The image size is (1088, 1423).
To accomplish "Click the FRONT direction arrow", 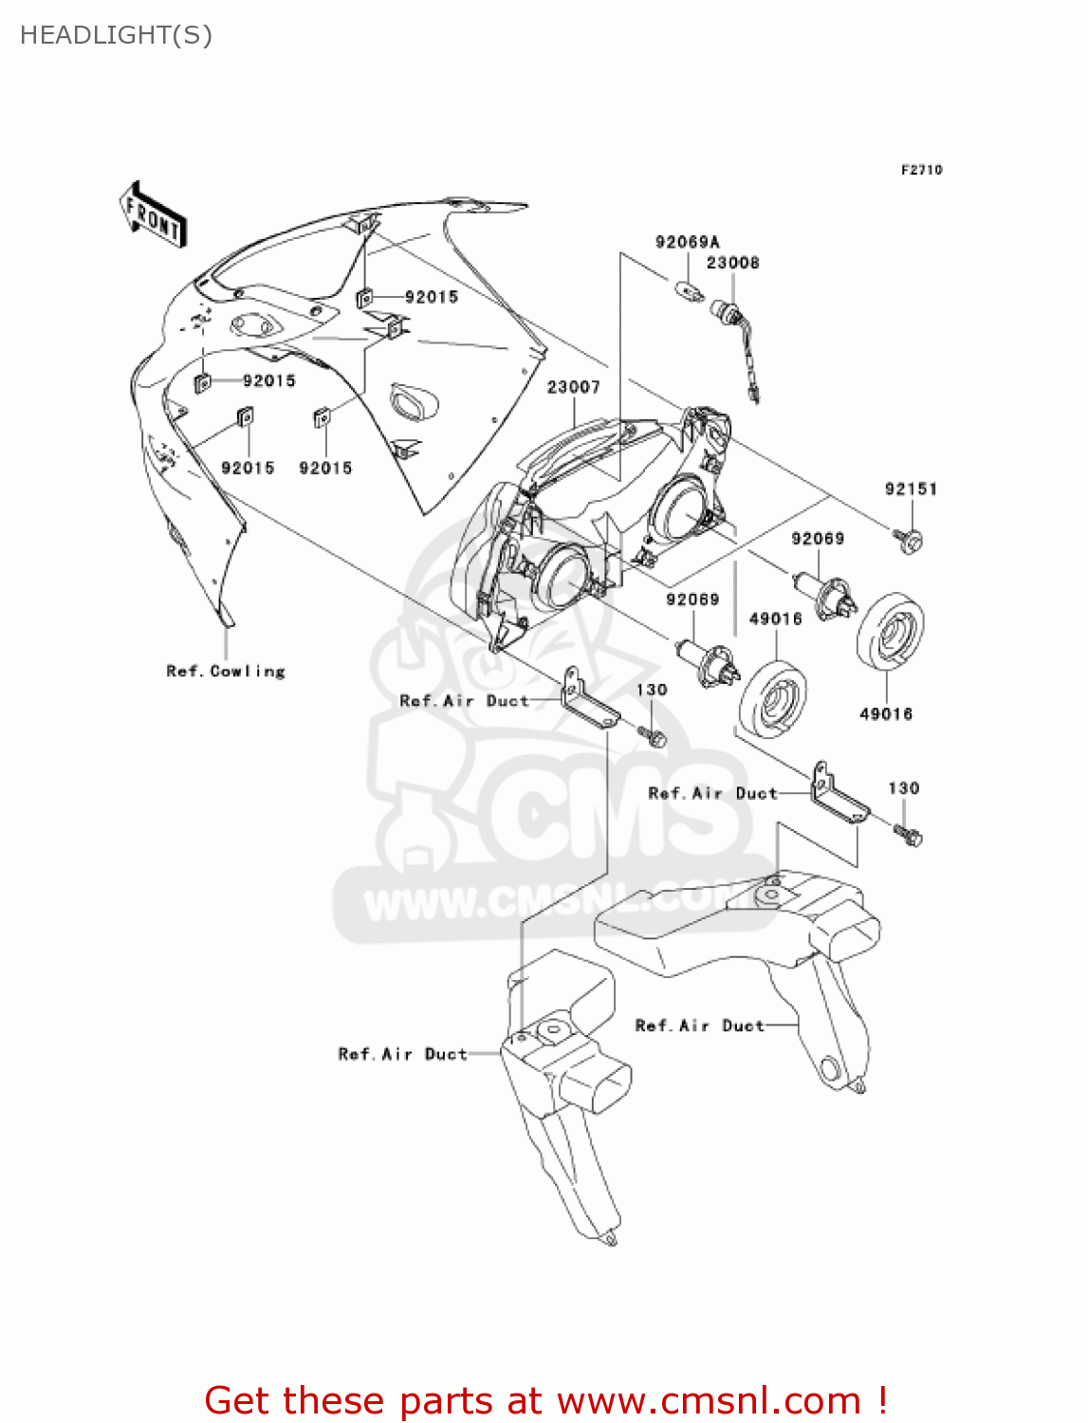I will (x=153, y=215).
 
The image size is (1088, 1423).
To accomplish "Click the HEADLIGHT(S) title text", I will (x=116, y=35).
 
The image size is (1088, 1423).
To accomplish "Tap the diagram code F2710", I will (x=921, y=170).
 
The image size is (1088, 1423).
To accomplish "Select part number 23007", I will (x=573, y=387).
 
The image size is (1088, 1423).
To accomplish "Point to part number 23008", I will (x=732, y=263).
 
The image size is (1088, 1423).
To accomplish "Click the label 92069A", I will (x=687, y=242).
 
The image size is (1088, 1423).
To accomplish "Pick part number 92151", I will (x=911, y=490).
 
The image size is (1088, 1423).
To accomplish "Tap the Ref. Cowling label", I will (x=226, y=672).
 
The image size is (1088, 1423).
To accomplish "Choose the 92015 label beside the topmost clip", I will (x=431, y=297).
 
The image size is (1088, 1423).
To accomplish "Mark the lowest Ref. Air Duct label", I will (x=402, y=1054).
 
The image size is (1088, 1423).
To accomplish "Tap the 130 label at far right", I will (x=903, y=788).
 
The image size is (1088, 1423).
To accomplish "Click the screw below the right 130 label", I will (x=909, y=835).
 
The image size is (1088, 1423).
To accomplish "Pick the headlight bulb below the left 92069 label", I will (x=708, y=661).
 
